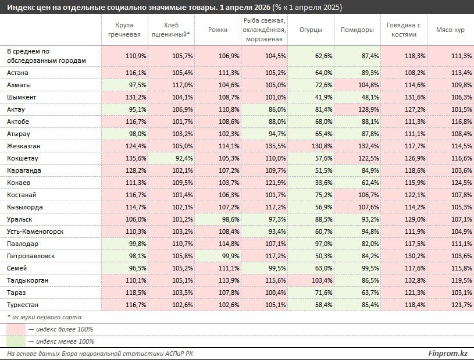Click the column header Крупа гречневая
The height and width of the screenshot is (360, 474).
pos(124,30)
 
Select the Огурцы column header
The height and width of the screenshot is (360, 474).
pos(311,30)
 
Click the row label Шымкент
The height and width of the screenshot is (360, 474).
pos(22,97)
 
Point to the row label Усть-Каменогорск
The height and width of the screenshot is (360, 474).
pos(35,231)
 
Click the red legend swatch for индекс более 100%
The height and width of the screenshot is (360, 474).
pos(16,329)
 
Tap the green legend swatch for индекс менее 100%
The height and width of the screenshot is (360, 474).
pos(16,341)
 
